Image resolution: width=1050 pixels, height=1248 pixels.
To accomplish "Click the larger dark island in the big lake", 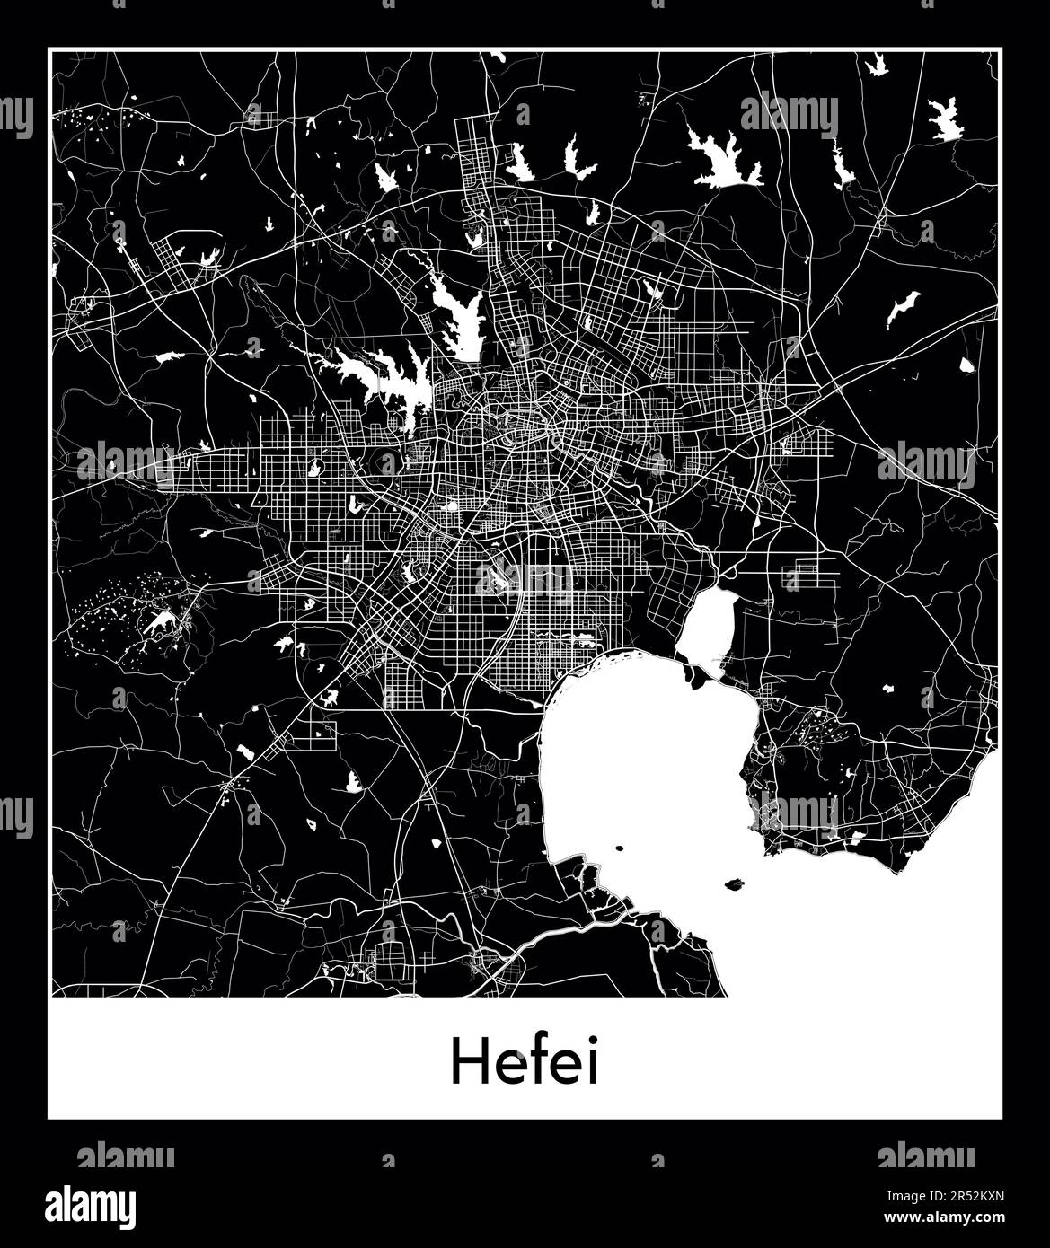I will (735, 884).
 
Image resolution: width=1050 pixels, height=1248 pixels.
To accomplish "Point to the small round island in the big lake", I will (619, 848).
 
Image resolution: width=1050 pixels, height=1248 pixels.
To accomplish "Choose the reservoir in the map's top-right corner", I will (945, 119).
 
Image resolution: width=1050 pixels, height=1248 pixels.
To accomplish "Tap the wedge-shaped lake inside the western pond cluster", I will (162, 620).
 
